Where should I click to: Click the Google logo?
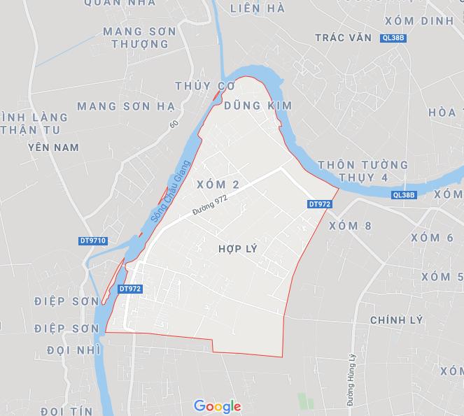(218, 406)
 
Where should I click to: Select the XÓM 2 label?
(218, 185)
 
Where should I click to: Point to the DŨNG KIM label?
(258, 104)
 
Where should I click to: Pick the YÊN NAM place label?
(53, 148)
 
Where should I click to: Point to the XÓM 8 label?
(350, 225)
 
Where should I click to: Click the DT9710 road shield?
(92, 241)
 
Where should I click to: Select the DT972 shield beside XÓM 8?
(318, 204)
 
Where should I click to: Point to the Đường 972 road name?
(213, 206)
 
